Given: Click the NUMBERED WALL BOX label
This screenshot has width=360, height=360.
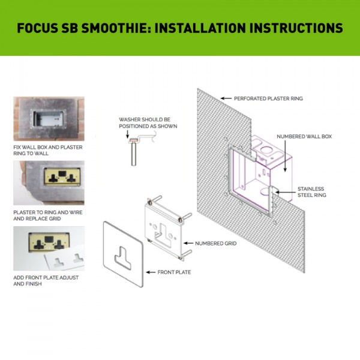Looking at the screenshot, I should tap(304, 137).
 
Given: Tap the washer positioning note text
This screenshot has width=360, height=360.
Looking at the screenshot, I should tap(148, 123).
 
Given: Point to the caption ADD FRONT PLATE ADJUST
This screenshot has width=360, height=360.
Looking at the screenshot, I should tap(47, 280).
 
